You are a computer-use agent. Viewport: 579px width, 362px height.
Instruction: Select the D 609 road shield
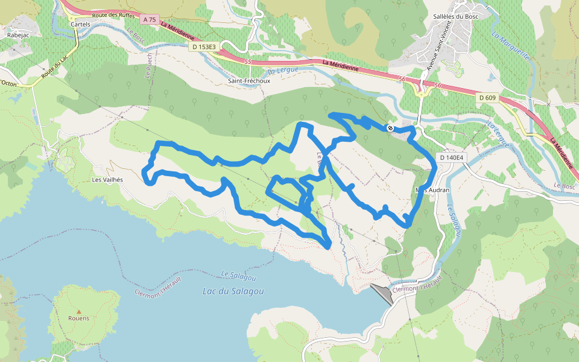pos(487,98)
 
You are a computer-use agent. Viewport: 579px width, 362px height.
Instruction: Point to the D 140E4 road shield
pos(451,158)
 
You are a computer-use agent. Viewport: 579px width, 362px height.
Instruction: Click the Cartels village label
pos(81,24)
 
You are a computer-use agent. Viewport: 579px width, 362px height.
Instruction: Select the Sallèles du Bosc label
pos(455,16)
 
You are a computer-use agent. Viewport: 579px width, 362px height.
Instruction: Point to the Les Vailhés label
pos(107,180)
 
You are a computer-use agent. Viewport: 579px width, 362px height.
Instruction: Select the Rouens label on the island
pos(78,318)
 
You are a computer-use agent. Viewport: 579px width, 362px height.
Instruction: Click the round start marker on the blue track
pos(390,128)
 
